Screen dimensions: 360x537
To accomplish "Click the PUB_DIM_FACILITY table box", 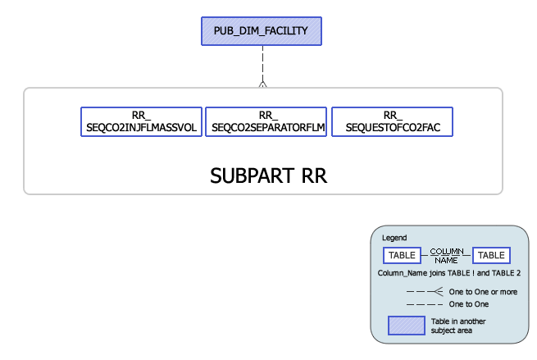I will coord(262,31).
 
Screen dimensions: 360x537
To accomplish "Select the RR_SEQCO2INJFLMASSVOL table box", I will coord(142,121).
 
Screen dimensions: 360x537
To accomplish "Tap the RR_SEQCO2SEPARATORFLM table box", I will coord(266,121).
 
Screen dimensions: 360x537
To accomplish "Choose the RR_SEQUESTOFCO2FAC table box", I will coord(392,121).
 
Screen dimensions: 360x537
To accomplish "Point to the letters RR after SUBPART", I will coord(312,175).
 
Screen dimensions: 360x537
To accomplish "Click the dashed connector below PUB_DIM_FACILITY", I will coord(262,62).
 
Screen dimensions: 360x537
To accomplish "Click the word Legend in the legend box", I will coord(394,238).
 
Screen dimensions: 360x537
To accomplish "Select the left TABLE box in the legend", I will coord(402,255).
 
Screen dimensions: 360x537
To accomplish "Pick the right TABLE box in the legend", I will coord(492,255).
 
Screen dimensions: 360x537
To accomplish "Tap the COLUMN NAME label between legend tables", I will coord(447,255).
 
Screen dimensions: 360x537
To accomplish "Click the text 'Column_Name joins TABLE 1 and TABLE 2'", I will coord(448,272).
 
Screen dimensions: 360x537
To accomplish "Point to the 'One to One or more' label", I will coord(483,291).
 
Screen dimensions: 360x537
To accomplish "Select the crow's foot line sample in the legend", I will coord(426,291).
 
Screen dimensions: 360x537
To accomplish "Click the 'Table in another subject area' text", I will coord(451,326).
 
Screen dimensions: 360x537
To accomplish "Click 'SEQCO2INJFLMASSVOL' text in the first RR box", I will coord(142,127).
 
